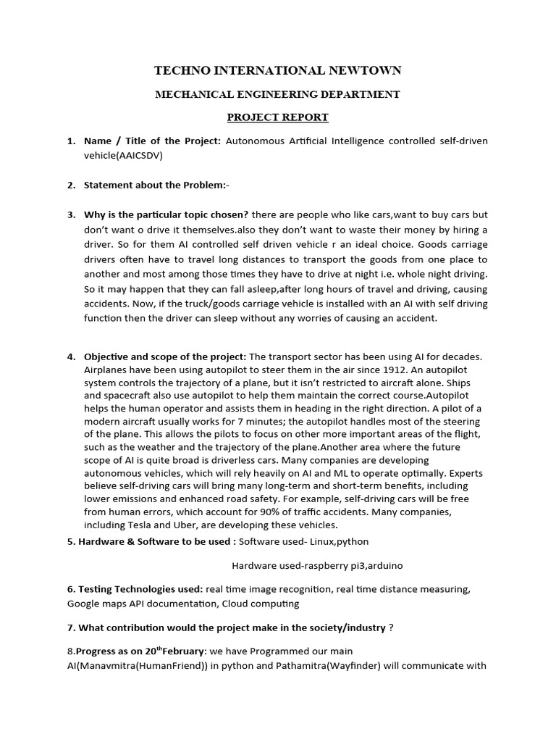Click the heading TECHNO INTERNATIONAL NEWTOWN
click(278, 70)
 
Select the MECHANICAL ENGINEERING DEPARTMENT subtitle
click(278, 94)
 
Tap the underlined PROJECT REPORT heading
click(278, 117)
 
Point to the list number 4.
click(71, 357)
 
